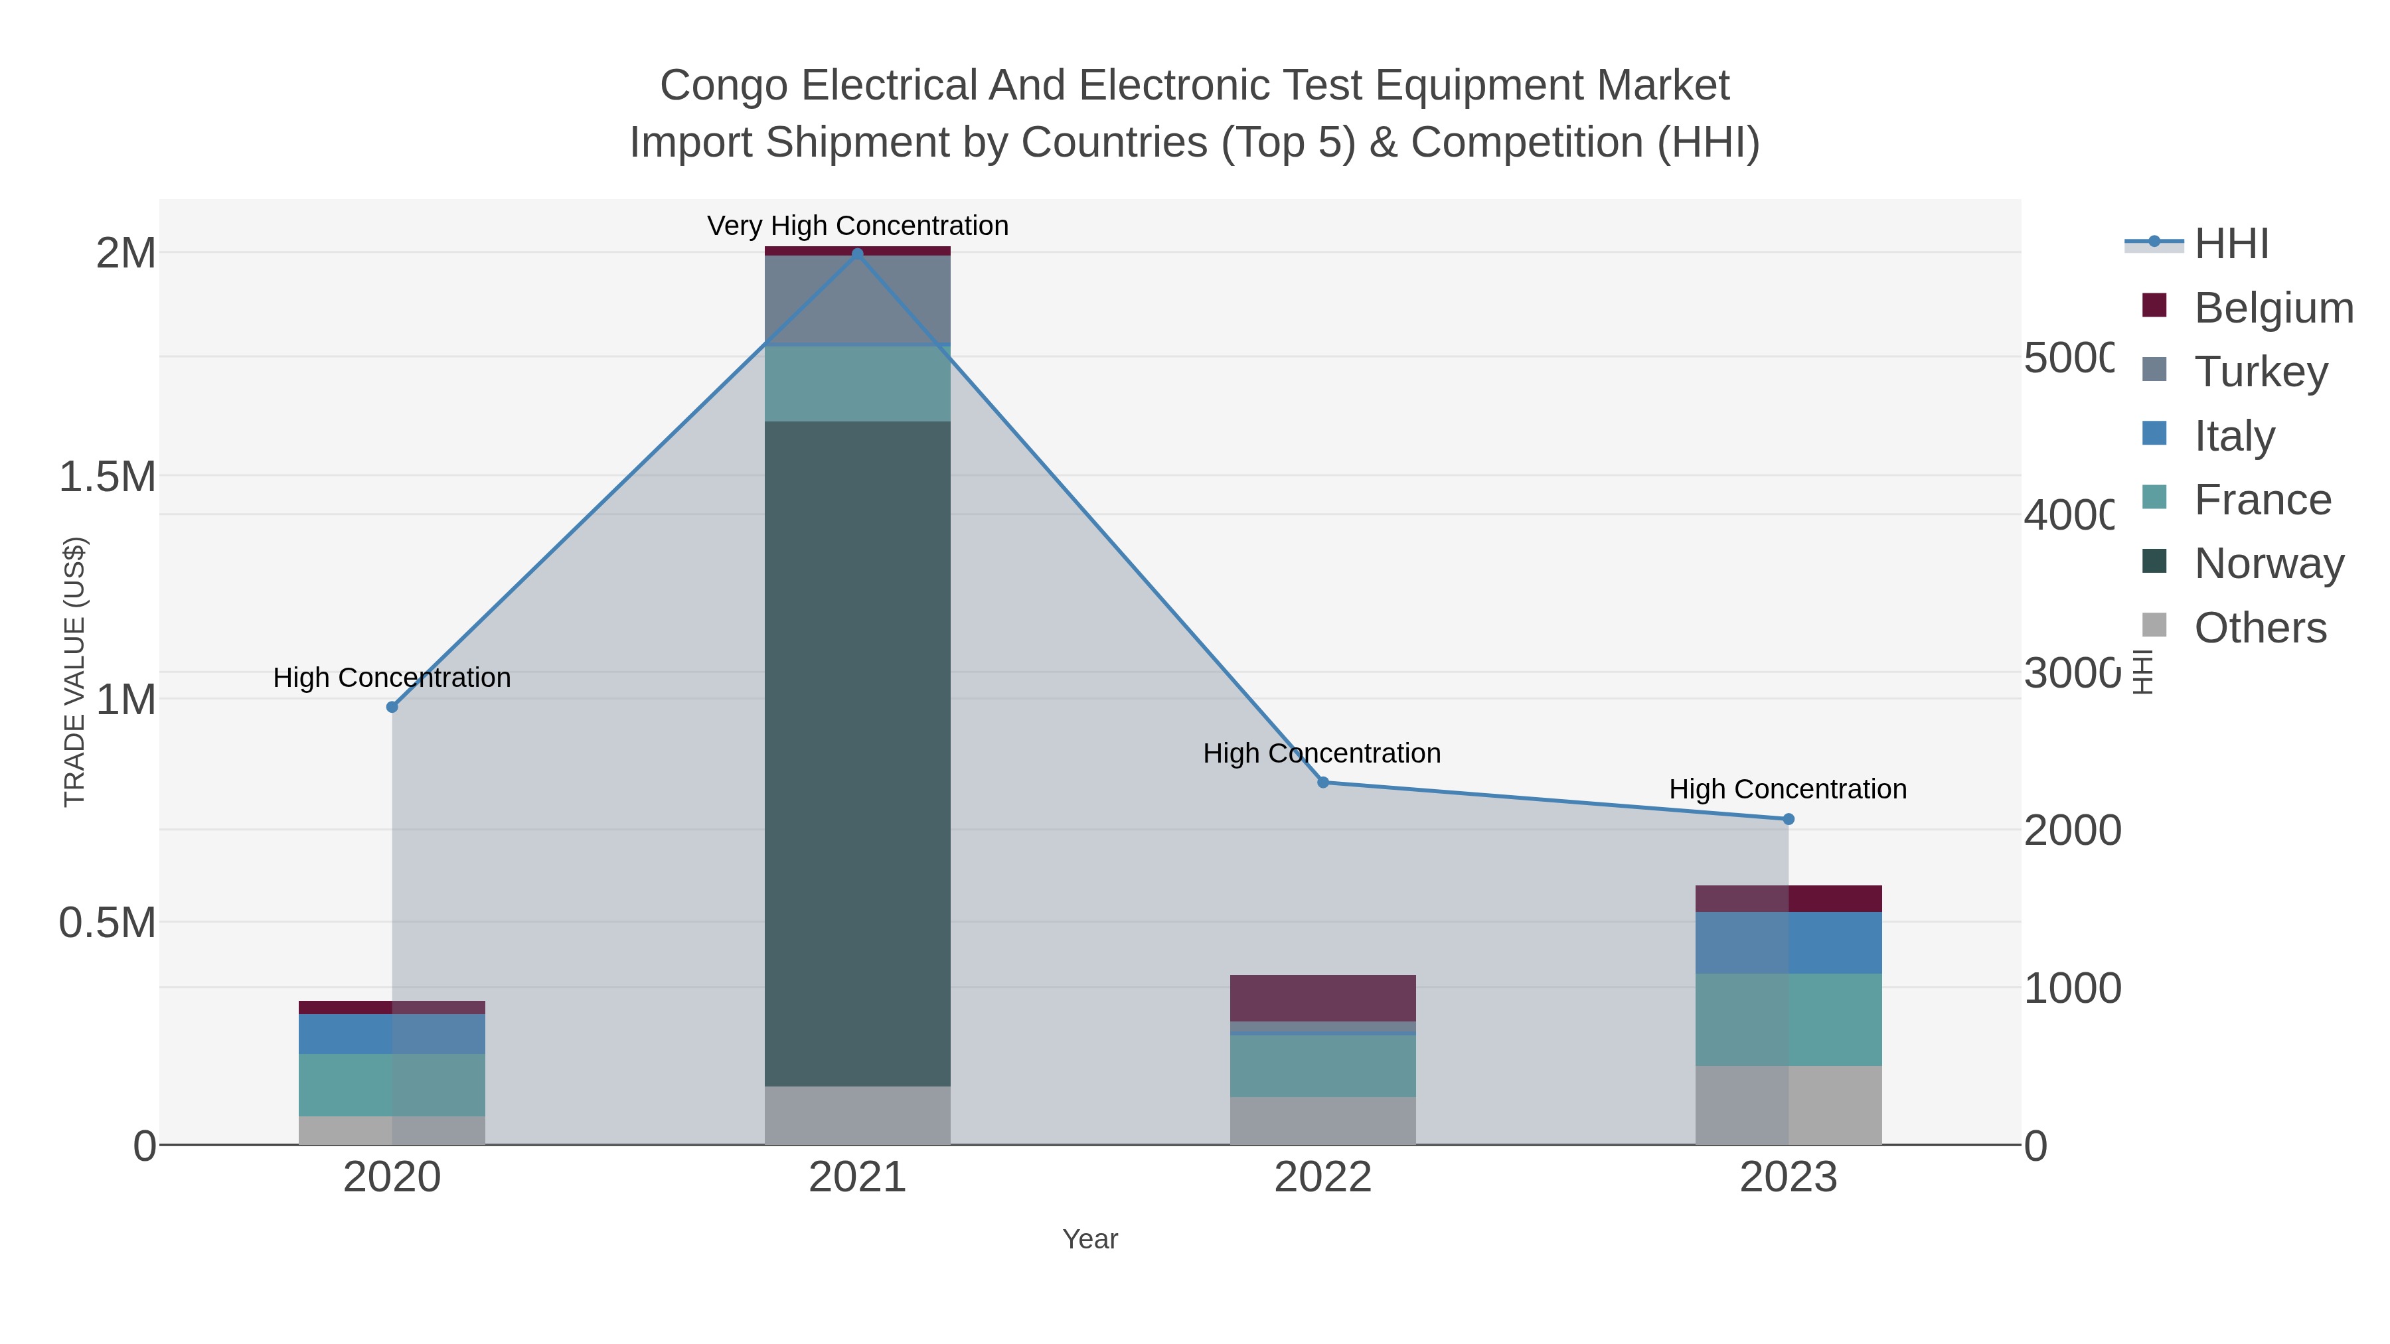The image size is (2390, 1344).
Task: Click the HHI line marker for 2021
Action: [x=857, y=254]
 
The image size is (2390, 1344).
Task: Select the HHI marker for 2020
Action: [x=392, y=707]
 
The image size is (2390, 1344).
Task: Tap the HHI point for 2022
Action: [x=1323, y=782]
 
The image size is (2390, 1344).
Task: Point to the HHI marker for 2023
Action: [x=1789, y=819]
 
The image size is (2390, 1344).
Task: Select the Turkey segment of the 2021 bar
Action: [x=857, y=299]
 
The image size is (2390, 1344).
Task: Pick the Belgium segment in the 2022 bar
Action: [x=1323, y=998]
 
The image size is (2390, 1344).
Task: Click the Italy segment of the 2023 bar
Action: [x=1789, y=942]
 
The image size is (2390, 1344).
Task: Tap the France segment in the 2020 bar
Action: [x=392, y=1084]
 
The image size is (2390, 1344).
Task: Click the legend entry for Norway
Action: [x=2268, y=563]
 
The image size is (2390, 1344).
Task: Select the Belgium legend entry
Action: [x=2272, y=307]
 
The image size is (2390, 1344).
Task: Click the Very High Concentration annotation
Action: [x=857, y=226]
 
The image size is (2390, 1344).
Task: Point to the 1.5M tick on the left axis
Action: [x=108, y=477]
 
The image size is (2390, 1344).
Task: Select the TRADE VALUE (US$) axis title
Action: [x=74, y=672]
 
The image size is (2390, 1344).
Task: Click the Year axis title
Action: [x=1090, y=1239]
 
